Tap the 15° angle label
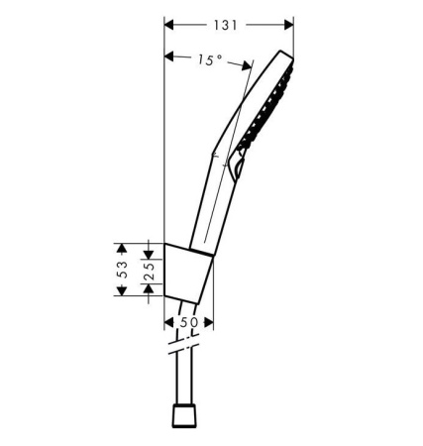pos(207,60)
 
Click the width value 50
pos(189,322)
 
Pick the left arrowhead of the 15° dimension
pos(170,55)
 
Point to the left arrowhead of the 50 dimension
pos(169,322)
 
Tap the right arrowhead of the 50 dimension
pos(209,322)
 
